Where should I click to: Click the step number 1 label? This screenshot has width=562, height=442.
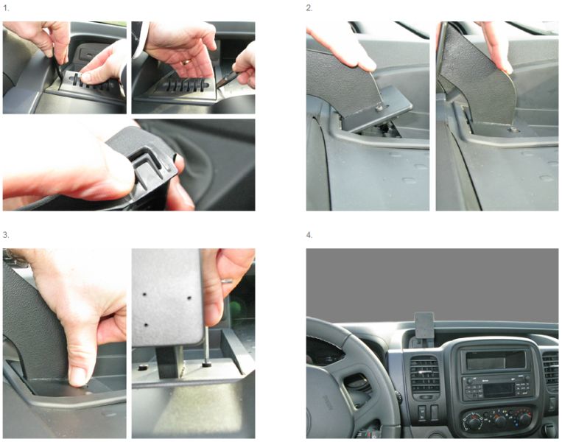pyautogui.click(x=6, y=8)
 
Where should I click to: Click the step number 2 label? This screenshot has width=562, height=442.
pyautogui.click(x=309, y=8)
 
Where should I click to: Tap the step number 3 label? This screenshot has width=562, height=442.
pyautogui.click(x=6, y=235)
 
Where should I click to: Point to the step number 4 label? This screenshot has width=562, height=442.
pyautogui.click(x=309, y=235)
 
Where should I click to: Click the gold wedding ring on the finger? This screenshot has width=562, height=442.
pyautogui.click(x=186, y=62)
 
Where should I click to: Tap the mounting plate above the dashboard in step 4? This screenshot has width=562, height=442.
pyautogui.click(x=424, y=325)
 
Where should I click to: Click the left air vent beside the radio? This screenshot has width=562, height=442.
pyautogui.click(x=424, y=375)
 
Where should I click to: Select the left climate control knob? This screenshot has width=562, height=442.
pyautogui.click(x=474, y=423)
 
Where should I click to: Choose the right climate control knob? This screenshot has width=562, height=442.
pyautogui.click(x=524, y=419)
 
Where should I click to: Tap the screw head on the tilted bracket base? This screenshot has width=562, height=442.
pyautogui.click(x=379, y=107)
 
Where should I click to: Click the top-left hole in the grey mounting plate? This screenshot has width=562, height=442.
pyautogui.click(x=145, y=294)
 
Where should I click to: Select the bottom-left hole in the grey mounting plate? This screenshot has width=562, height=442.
pyautogui.click(x=146, y=325)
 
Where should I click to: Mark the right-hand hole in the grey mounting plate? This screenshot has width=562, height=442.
pyautogui.click(x=189, y=298)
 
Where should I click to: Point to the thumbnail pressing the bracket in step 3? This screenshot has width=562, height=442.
pyautogui.click(x=78, y=376)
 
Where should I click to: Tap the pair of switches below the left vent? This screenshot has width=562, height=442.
pyautogui.click(x=428, y=413)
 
